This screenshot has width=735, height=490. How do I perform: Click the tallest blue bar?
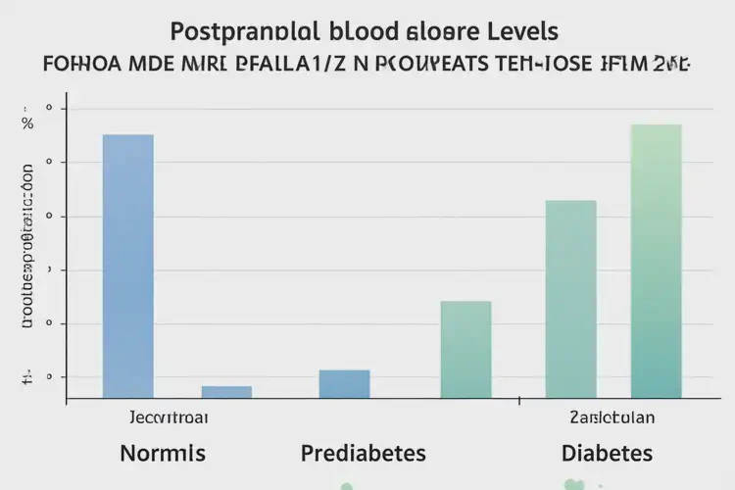(x=127, y=265)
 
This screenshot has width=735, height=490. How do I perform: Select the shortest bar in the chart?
(x=226, y=391)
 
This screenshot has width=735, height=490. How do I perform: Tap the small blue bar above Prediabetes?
(x=344, y=383)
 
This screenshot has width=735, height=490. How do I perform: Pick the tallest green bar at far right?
(x=657, y=261)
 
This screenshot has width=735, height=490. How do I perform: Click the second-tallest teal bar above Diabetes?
(x=570, y=299)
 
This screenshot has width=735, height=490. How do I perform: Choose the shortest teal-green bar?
(x=465, y=349)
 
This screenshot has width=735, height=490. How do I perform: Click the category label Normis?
(x=162, y=454)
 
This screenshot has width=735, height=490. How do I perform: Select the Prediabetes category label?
(x=363, y=454)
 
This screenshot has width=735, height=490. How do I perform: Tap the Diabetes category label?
(x=608, y=454)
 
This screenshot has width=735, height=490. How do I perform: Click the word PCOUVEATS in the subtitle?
(x=462, y=67)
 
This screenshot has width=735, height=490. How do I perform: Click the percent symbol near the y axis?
(x=27, y=122)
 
